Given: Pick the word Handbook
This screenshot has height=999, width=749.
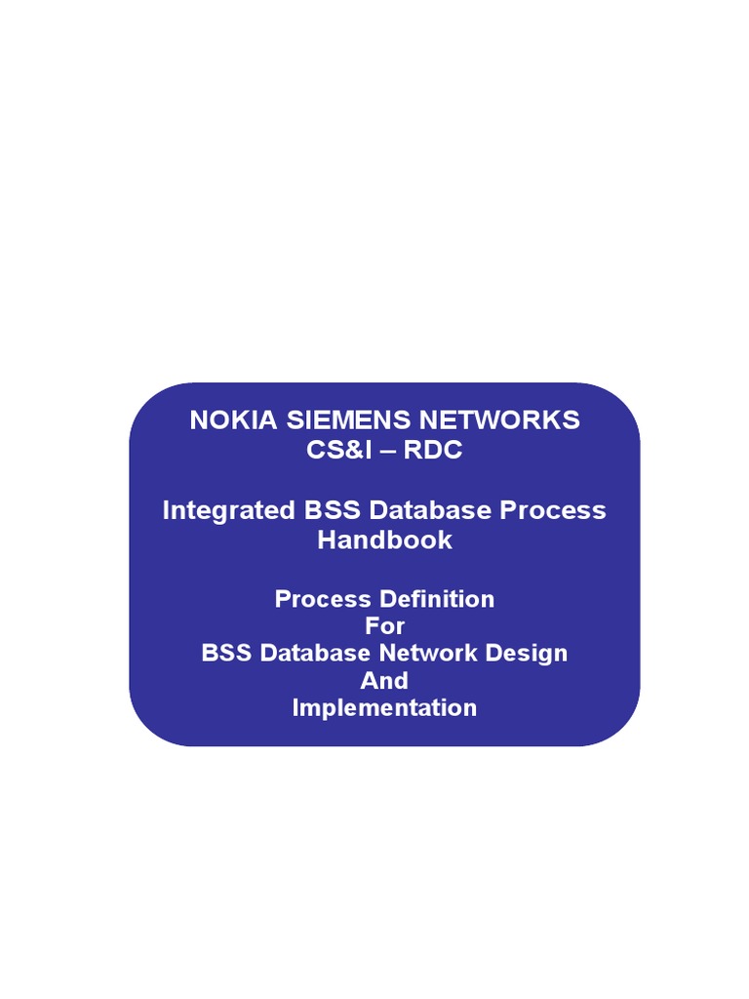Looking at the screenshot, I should pos(384,539).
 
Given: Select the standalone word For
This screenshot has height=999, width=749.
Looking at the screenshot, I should pos(384,625).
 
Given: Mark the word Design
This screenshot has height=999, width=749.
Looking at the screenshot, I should pos(527,653).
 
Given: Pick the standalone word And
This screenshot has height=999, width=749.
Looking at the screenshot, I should pos(384,680).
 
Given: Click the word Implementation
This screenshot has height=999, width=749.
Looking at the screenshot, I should pos(384,707).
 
